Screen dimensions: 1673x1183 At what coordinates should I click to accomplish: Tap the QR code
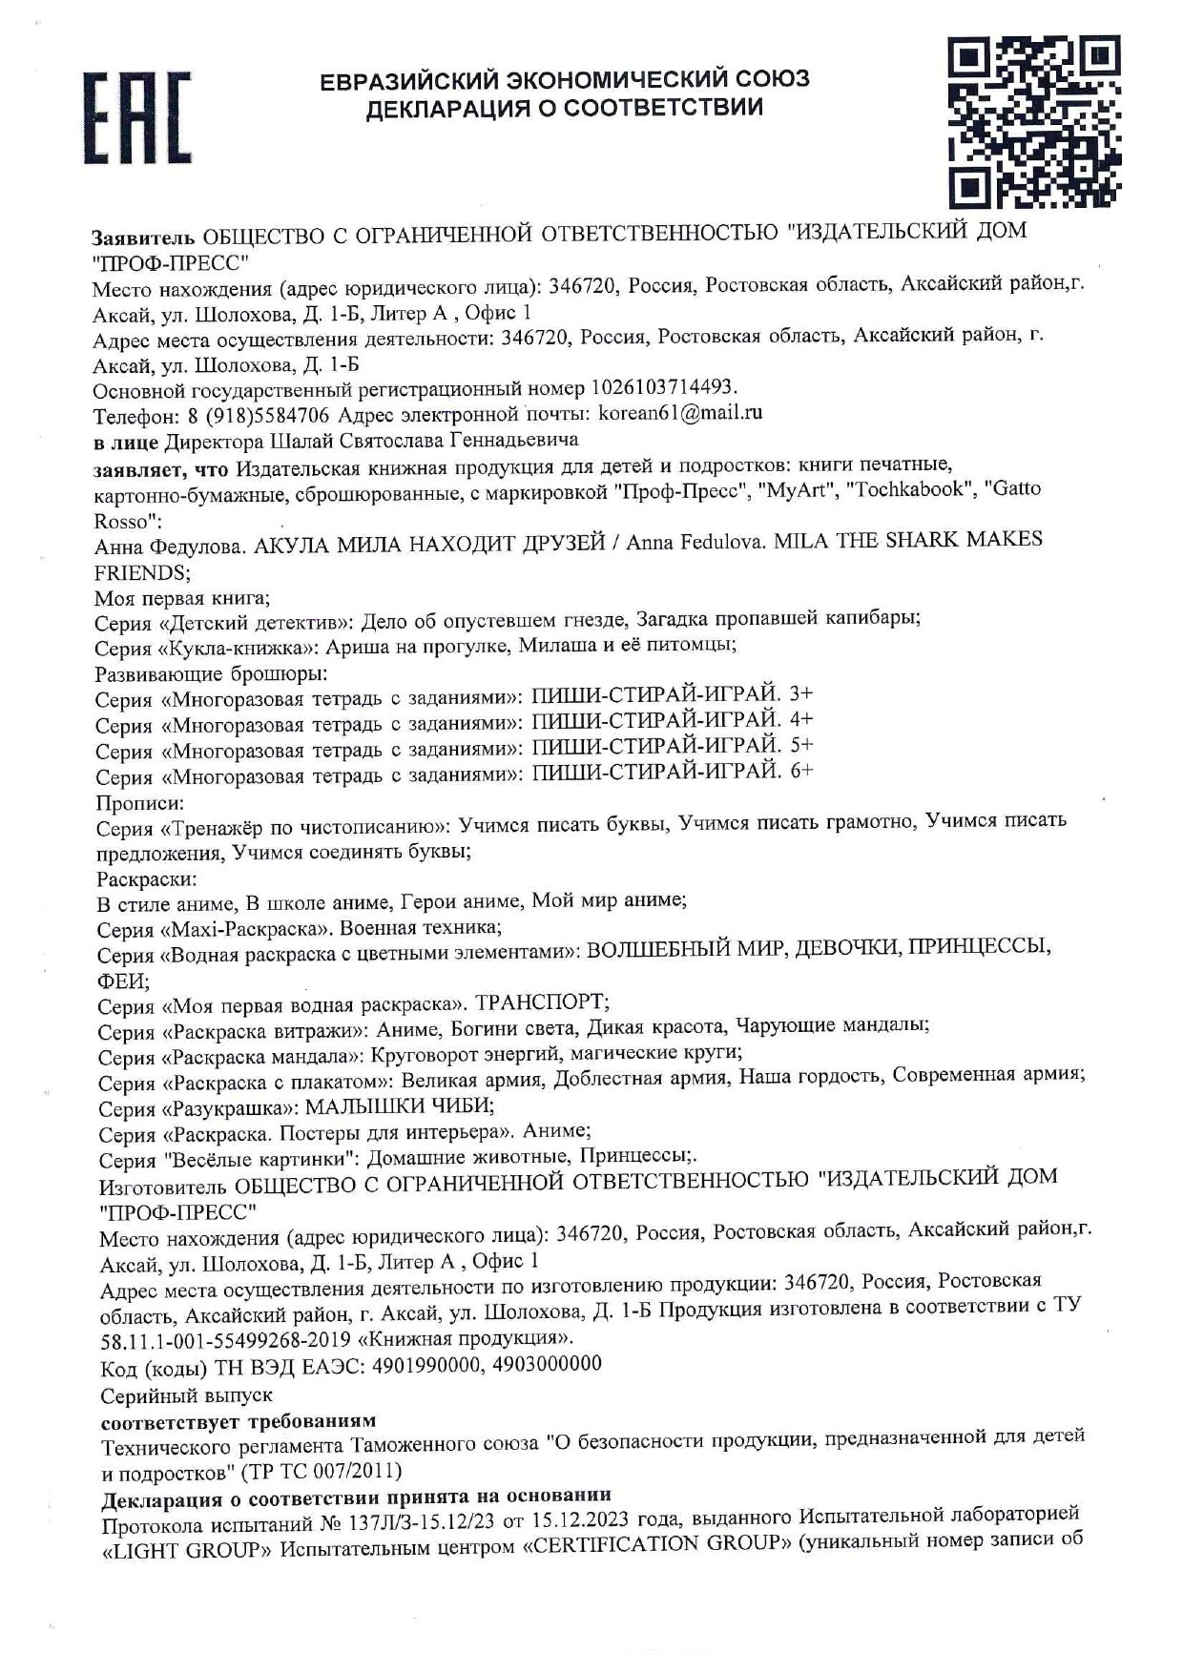[1035, 121]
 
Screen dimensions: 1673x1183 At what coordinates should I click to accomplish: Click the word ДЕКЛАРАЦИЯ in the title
[452, 108]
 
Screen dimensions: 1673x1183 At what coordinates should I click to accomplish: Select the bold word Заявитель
[143, 236]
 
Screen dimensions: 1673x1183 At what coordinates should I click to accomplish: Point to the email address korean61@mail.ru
[678, 414]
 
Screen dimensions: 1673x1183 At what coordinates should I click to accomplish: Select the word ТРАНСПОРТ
[542, 1002]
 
